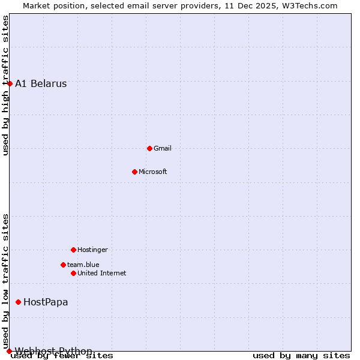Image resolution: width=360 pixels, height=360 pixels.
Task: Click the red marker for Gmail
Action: [x=149, y=148]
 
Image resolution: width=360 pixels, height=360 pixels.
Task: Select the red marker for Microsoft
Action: [x=134, y=172]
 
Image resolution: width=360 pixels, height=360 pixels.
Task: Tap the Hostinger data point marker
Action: [x=73, y=250]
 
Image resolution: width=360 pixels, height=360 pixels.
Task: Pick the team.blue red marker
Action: [x=63, y=265]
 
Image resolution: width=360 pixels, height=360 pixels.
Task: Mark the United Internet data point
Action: [x=73, y=273]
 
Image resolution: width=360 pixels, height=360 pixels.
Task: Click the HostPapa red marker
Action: [x=18, y=302]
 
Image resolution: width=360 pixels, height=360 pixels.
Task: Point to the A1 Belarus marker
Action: [x=10, y=83]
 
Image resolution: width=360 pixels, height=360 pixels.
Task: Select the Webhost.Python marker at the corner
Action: [x=9, y=351]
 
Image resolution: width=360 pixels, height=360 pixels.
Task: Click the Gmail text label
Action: [x=163, y=148]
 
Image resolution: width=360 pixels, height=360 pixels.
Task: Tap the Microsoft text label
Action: [x=153, y=172]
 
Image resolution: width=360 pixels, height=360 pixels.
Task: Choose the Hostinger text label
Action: [x=92, y=250]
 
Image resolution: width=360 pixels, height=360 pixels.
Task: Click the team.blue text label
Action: [x=83, y=265]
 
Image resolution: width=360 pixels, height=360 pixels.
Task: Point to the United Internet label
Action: [x=102, y=273]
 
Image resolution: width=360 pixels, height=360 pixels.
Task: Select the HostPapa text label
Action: [x=46, y=302]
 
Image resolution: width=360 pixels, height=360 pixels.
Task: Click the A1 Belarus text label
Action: [x=41, y=83]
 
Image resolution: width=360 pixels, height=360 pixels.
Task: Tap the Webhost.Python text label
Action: [x=54, y=350]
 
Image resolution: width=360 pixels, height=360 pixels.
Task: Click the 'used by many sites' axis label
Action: [x=301, y=356]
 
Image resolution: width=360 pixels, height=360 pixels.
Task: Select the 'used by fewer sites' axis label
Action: [x=62, y=356]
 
